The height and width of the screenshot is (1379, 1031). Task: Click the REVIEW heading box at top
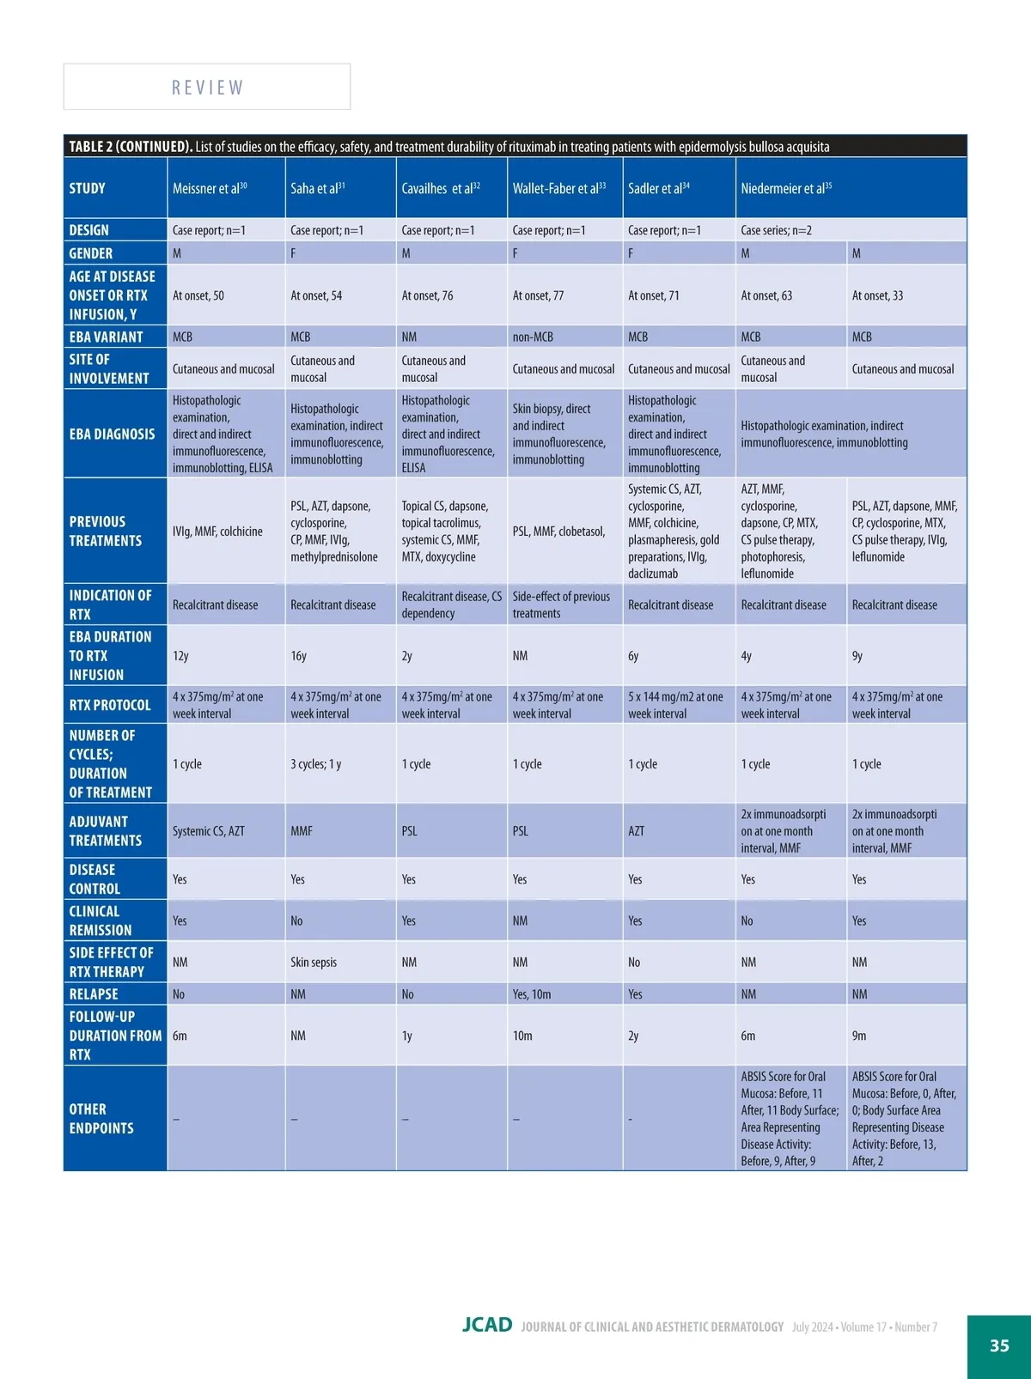coord(207,87)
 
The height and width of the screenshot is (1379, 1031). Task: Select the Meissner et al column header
coord(210,188)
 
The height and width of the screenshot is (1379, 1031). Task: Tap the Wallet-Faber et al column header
coord(559,188)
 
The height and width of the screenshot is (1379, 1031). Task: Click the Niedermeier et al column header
coord(786,188)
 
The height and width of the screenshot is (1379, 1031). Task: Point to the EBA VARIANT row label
coord(107,337)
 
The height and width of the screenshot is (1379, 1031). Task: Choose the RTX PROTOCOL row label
coord(110,705)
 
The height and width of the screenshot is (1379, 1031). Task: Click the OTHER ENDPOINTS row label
coord(101,1118)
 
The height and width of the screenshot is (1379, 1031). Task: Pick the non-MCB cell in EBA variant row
coord(533,337)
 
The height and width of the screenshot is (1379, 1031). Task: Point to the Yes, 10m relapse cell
coord(532,994)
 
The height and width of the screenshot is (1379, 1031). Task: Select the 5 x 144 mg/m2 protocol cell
coord(675,705)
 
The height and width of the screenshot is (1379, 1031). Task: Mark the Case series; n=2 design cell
coord(776,230)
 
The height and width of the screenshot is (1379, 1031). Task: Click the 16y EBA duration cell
coord(299,656)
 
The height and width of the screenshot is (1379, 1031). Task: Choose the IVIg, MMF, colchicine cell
coord(217,532)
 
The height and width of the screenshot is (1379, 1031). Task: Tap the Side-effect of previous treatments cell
coord(561,604)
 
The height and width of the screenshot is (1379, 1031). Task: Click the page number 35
coord(999,1346)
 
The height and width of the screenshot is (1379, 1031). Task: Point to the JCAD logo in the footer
coord(487,1325)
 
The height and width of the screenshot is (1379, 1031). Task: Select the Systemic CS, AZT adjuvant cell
coord(209,831)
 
